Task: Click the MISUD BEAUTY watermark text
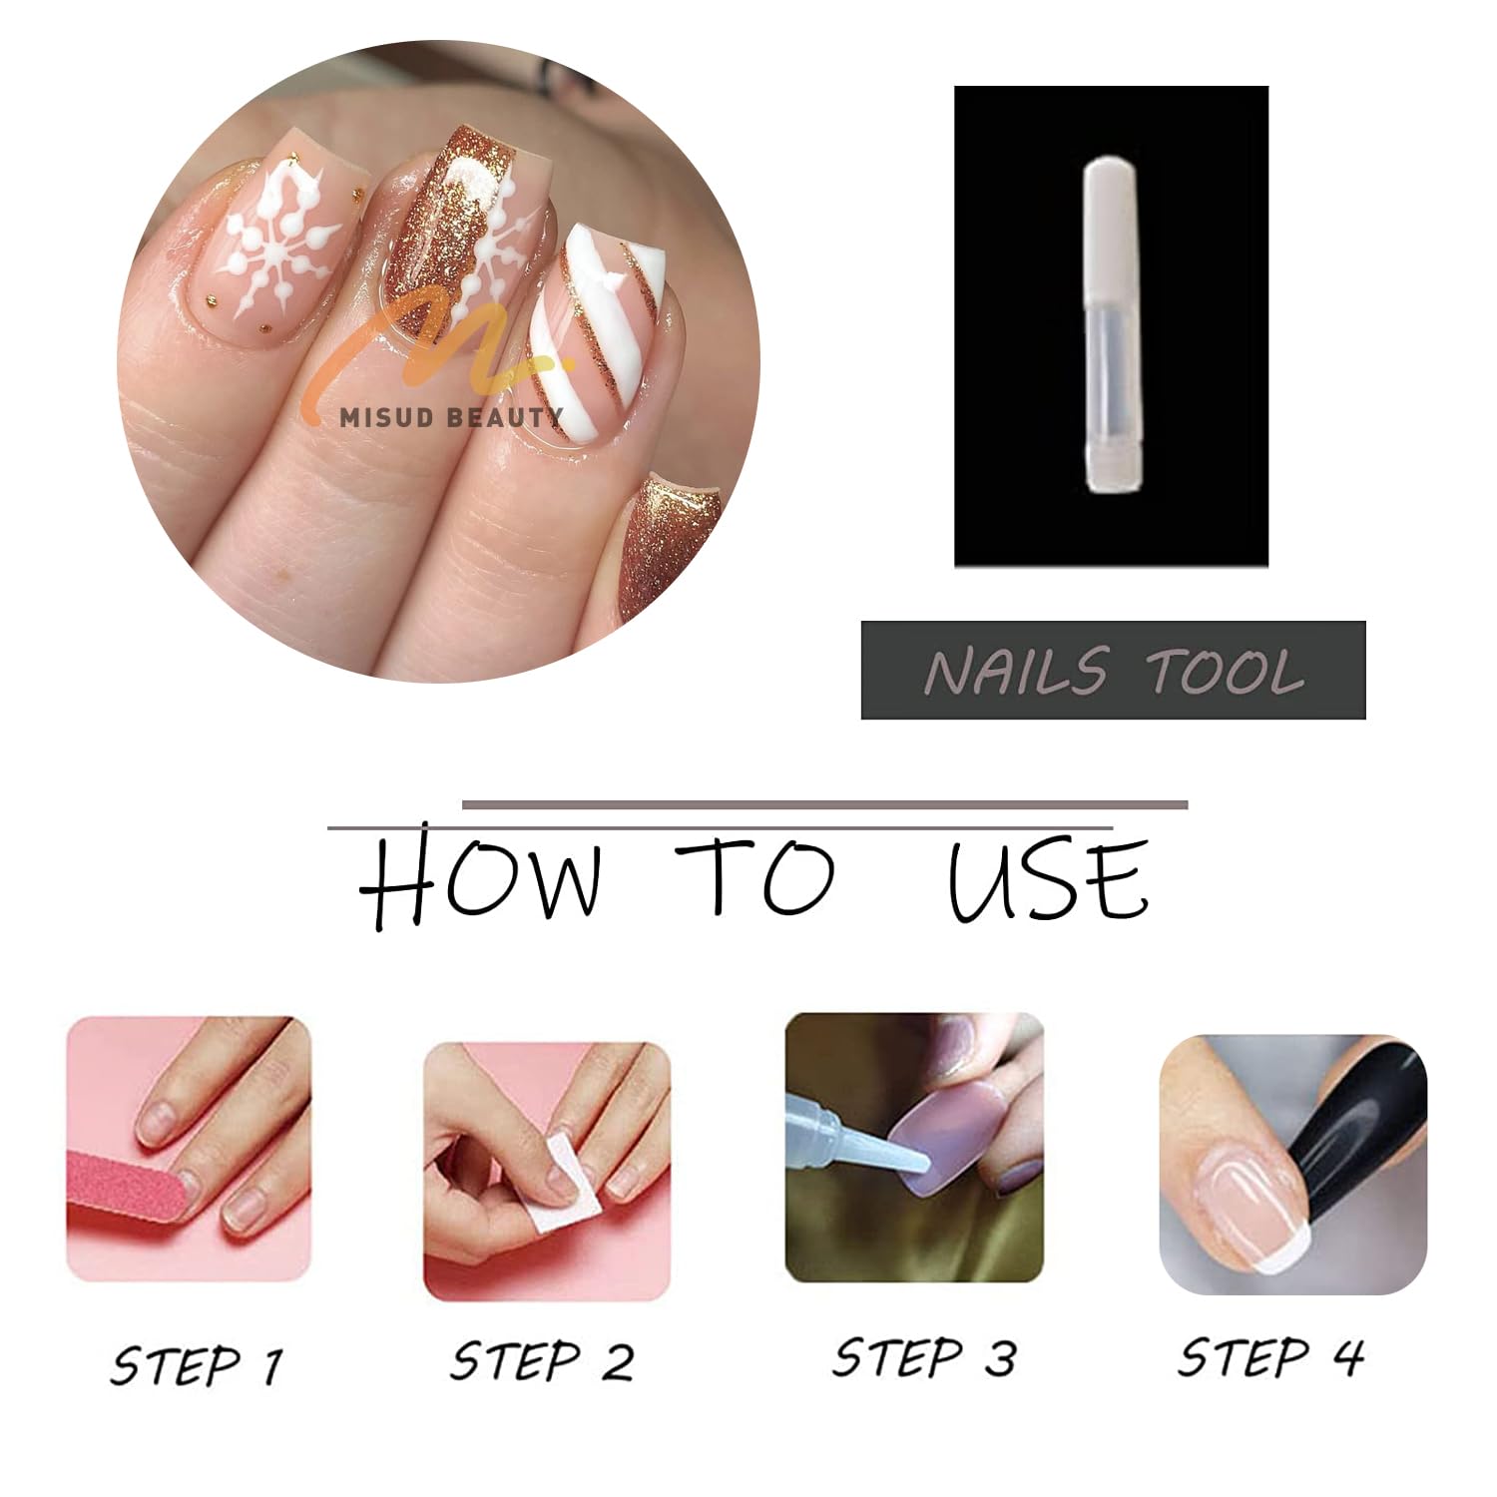pos(451,417)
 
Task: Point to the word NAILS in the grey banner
pos(1016,671)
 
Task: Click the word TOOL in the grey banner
pos(1227,671)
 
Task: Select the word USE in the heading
pos(1048,879)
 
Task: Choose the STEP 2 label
pos(542,1361)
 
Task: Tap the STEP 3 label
pos(925,1357)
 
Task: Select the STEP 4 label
pos(1270,1357)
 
